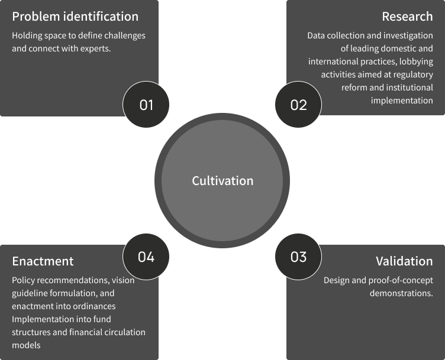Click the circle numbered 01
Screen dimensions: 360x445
146,105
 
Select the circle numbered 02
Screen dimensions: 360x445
298,105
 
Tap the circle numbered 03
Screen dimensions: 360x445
298,257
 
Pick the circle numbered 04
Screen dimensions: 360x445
146,257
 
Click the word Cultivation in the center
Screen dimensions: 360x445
222,181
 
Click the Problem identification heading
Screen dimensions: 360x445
75,17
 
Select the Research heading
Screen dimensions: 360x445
407,17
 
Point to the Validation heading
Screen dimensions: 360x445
404,261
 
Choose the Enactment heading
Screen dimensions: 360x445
43,261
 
